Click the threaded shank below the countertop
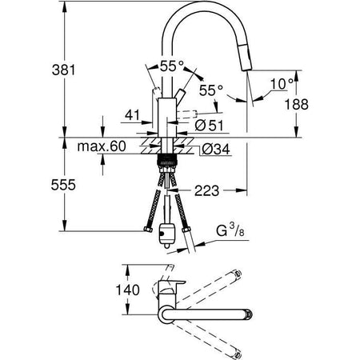(168, 161)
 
